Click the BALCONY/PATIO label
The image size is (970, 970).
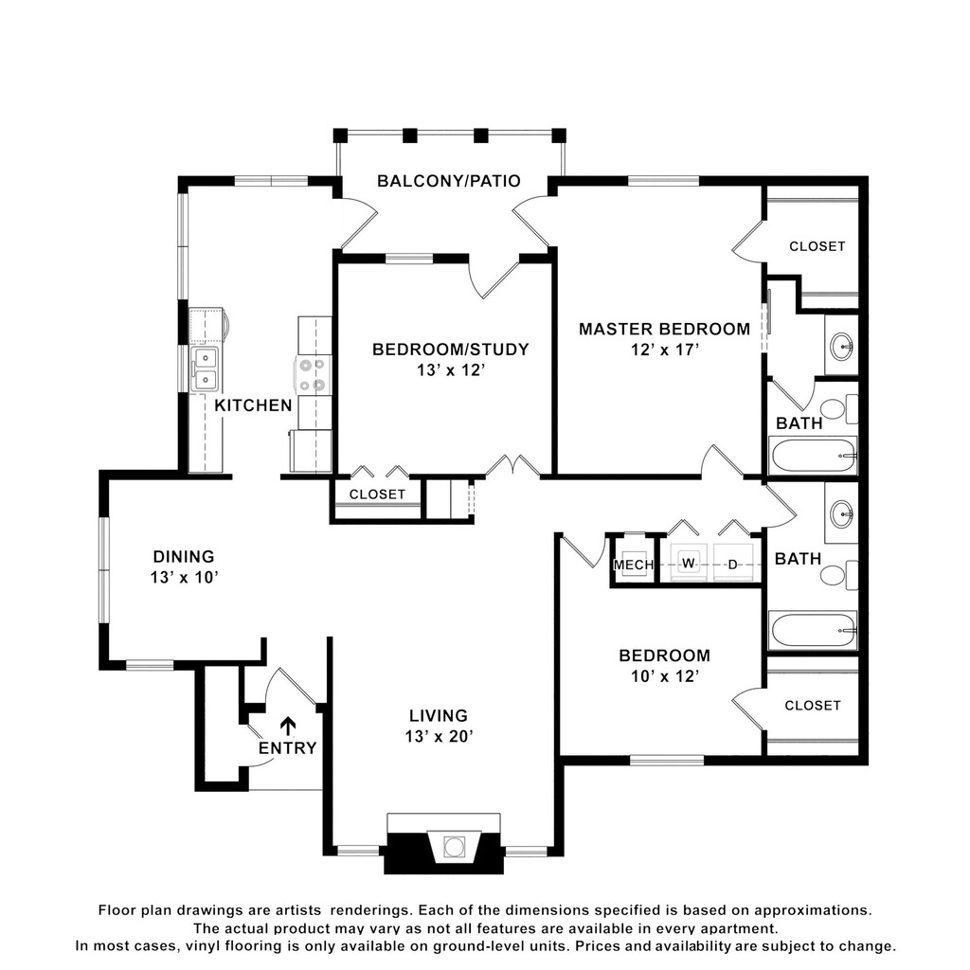click(448, 181)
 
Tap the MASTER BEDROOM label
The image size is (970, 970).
click(664, 329)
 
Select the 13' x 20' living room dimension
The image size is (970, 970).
click(439, 736)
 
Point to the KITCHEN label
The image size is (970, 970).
click(253, 405)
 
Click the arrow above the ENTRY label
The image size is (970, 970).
click(288, 726)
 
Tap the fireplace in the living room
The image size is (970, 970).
click(443, 844)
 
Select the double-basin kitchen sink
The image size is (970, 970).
click(205, 368)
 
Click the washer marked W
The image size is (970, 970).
click(688, 562)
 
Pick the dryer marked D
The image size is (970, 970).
click(733, 562)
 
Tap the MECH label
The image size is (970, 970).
click(634, 565)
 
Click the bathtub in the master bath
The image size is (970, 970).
click(813, 456)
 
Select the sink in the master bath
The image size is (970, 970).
click(841, 344)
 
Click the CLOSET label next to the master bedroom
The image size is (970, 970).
click(817, 246)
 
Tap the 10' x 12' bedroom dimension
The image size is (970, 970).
click(664, 676)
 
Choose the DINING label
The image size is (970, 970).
click(184, 556)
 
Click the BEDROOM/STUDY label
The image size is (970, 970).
click(450, 350)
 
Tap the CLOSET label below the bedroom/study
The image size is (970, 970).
click(377, 494)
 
